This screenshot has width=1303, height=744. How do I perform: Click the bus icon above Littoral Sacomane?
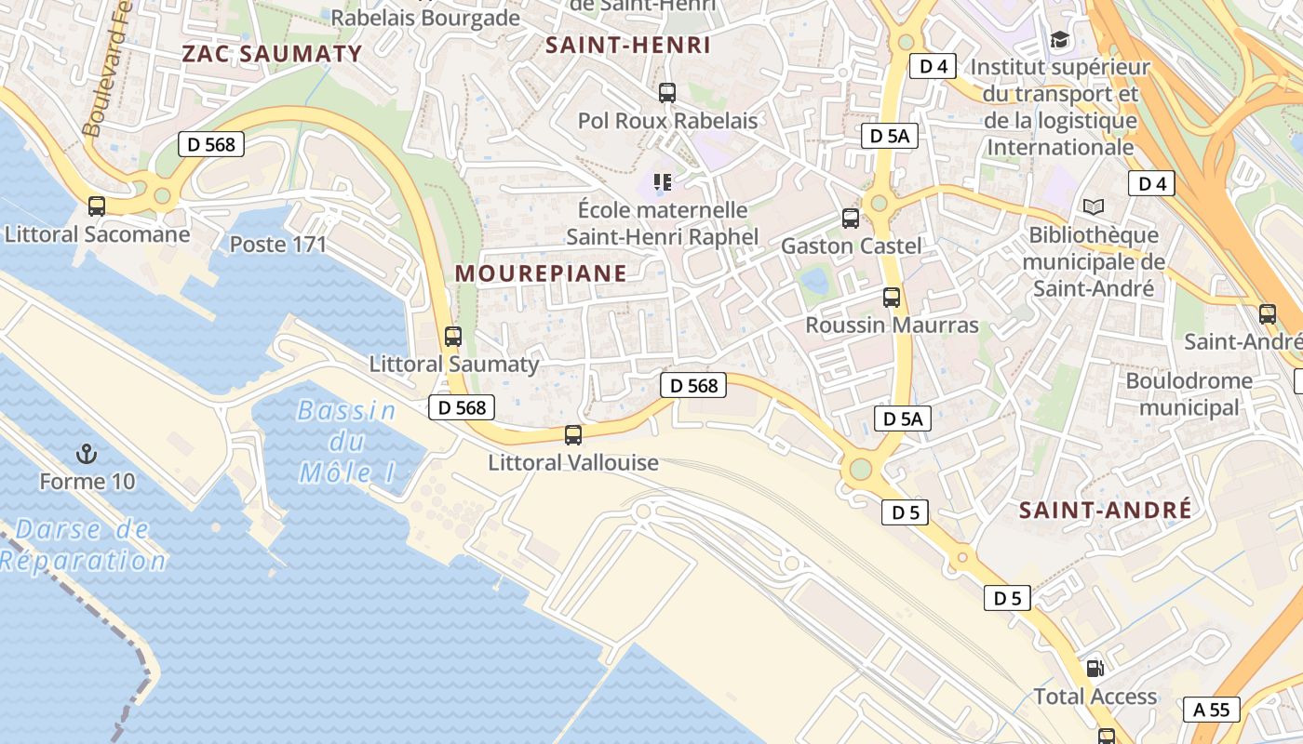97,206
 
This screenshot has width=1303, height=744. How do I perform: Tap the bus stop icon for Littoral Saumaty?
453,337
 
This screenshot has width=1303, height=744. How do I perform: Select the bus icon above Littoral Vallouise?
573,434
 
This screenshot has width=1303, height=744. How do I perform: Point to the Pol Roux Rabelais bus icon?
667,93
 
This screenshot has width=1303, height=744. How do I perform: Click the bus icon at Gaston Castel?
851,219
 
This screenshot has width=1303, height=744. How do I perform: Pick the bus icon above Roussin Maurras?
892,298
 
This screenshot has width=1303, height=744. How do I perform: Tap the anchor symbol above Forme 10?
87,454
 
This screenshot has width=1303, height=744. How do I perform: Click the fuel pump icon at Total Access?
1095,668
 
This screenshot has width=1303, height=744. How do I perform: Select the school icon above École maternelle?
663,181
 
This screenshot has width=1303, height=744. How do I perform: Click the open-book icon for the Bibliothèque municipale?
1094,206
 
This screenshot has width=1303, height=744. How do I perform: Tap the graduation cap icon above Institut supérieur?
1059,39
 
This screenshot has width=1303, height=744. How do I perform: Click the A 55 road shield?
1212,710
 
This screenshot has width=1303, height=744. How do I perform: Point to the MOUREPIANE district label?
541,273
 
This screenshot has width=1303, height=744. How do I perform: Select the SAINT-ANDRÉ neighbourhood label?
1105,510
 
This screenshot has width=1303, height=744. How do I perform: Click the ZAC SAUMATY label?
272,53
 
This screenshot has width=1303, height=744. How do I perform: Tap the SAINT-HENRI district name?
628,45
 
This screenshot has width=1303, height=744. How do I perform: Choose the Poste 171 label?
278,245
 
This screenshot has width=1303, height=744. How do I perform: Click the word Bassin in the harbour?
346,410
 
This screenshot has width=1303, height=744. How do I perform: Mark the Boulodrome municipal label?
1189,393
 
